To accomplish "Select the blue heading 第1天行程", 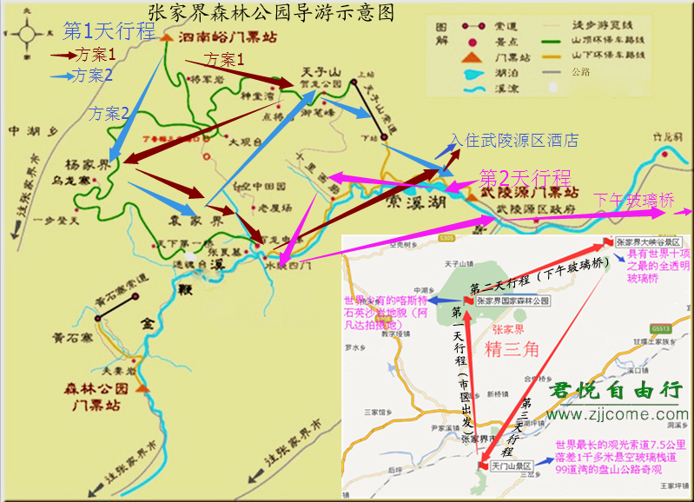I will point(109,32).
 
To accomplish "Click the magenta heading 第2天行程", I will point(525,178).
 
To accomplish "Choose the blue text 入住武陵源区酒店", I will point(513,140).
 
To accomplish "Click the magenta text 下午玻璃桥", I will point(635,200).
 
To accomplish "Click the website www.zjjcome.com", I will point(617,414).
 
